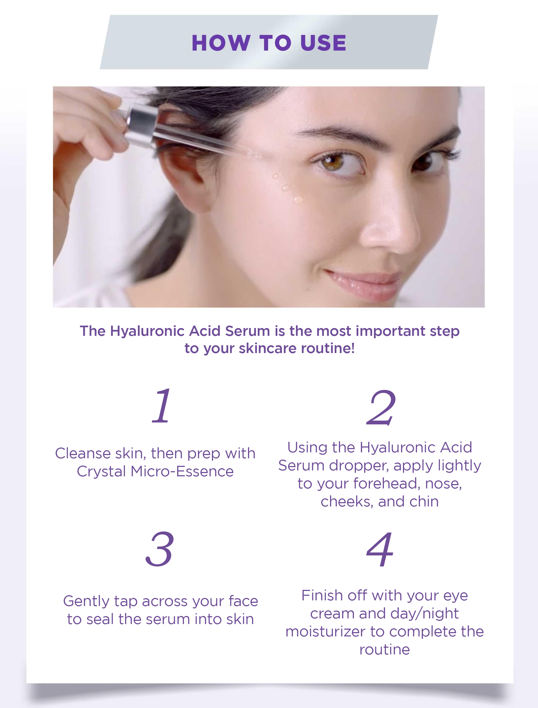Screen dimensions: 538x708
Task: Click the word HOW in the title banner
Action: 221,43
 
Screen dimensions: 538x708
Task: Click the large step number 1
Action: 162,406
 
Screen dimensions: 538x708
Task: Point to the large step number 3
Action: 160,549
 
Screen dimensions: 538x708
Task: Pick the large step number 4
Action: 380,549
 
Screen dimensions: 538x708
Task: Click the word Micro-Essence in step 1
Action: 182,471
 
